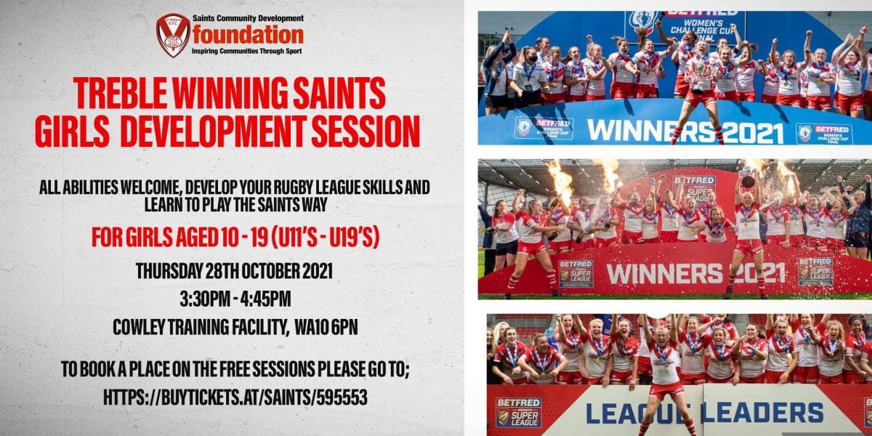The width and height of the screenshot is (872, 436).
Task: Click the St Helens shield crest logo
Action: pos(173,35)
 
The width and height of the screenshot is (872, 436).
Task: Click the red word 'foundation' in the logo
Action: pos(248,35)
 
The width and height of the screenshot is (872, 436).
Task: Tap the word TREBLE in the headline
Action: pos(120,93)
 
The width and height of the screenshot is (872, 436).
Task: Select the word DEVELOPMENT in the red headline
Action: pos(211,132)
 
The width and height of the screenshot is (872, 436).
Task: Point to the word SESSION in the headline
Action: pos(366,132)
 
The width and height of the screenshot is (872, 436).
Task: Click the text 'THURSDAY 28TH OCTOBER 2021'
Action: pos(234,271)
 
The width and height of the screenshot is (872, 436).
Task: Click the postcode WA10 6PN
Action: pos(326,328)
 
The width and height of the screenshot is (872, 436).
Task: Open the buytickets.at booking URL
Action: pos(235,397)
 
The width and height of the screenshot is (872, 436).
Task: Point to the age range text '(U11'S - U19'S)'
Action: pos(325,238)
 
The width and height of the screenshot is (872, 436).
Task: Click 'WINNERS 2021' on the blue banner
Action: pos(685,131)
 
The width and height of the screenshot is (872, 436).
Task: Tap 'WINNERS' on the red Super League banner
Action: pos(664,274)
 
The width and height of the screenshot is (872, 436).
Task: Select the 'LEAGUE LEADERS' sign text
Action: pos(704,413)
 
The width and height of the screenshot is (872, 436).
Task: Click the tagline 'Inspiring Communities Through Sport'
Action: pos(247,51)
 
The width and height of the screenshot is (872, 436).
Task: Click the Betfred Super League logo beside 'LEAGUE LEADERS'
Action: pos(519,412)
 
